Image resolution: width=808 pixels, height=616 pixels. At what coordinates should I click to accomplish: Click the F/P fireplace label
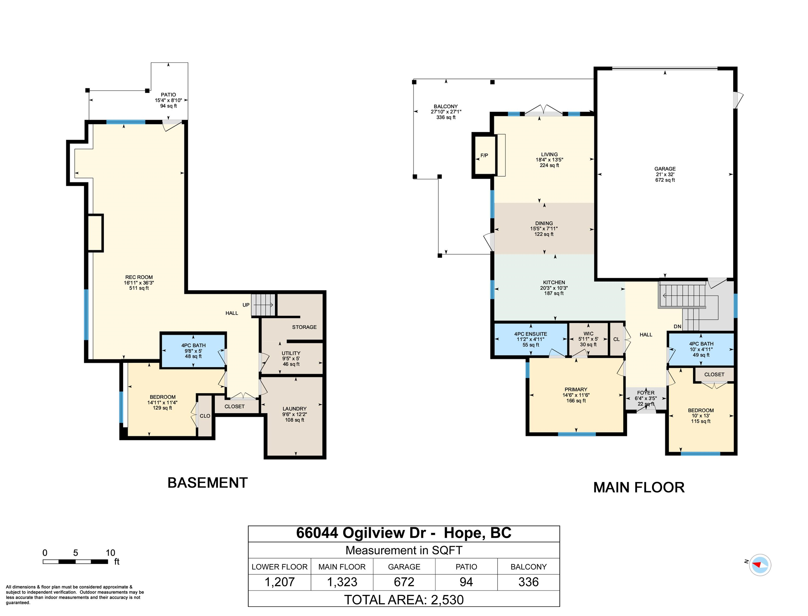coord(484,155)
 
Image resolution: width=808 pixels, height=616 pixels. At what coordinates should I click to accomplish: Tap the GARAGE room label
coord(665,169)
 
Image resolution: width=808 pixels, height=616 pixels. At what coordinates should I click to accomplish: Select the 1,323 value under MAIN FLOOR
coord(342,582)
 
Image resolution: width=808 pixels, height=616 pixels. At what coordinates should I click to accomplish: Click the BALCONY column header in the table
coord(528,567)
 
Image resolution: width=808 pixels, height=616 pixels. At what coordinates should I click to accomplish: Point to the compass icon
coord(759,565)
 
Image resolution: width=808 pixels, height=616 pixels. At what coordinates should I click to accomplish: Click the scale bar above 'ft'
coord(75,562)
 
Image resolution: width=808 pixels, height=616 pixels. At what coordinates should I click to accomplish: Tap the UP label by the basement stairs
coord(246,305)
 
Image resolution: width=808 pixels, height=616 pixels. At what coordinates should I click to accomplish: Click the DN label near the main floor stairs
coord(677,327)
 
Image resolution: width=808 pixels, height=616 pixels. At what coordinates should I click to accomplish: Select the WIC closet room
coord(588,339)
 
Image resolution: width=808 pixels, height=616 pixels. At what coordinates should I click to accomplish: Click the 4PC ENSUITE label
coord(530,334)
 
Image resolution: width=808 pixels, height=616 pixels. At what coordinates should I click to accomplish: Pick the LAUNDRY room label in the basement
coord(294,409)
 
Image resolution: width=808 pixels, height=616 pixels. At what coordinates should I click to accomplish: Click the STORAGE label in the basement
coord(304,327)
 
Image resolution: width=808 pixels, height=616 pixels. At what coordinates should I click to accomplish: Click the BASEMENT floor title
coord(207,483)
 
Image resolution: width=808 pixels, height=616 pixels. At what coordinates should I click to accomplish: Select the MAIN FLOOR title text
coord(639,488)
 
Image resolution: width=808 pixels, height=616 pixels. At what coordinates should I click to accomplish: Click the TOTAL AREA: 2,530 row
coord(404,599)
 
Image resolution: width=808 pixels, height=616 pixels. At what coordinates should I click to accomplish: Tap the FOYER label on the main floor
coord(646,393)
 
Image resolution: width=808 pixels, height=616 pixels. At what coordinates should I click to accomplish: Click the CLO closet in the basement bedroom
coord(205,416)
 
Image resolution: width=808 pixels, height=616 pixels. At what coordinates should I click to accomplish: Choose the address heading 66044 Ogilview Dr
coord(404,533)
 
